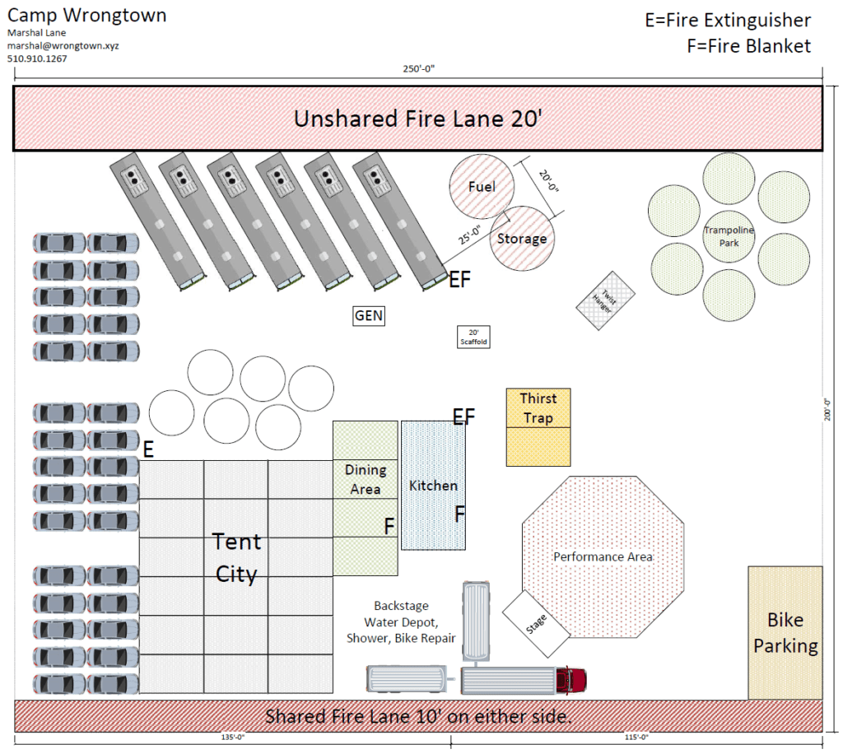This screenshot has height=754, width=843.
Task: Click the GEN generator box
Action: (369, 315)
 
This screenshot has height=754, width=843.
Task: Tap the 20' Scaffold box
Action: (473, 337)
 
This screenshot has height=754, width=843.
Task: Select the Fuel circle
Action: (482, 187)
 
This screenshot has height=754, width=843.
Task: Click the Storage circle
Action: (522, 239)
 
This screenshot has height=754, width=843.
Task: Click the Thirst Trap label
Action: (538, 408)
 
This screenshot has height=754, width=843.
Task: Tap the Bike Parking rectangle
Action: (785, 633)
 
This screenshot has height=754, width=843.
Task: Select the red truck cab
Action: (573, 680)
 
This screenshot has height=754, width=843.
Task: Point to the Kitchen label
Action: (433, 486)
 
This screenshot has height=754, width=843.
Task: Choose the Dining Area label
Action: (365, 479)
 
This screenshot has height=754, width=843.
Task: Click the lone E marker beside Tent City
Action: (149, 449)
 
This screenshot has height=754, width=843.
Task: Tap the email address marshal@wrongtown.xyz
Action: (63, 46)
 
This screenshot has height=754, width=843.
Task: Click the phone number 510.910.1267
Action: (37, 59)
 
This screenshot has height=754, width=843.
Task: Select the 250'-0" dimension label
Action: (418, 69)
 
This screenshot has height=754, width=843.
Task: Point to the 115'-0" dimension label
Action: (637, 738)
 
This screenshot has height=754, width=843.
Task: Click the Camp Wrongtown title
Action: (86, 16)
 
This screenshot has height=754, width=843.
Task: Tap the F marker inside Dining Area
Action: (389, 526)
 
